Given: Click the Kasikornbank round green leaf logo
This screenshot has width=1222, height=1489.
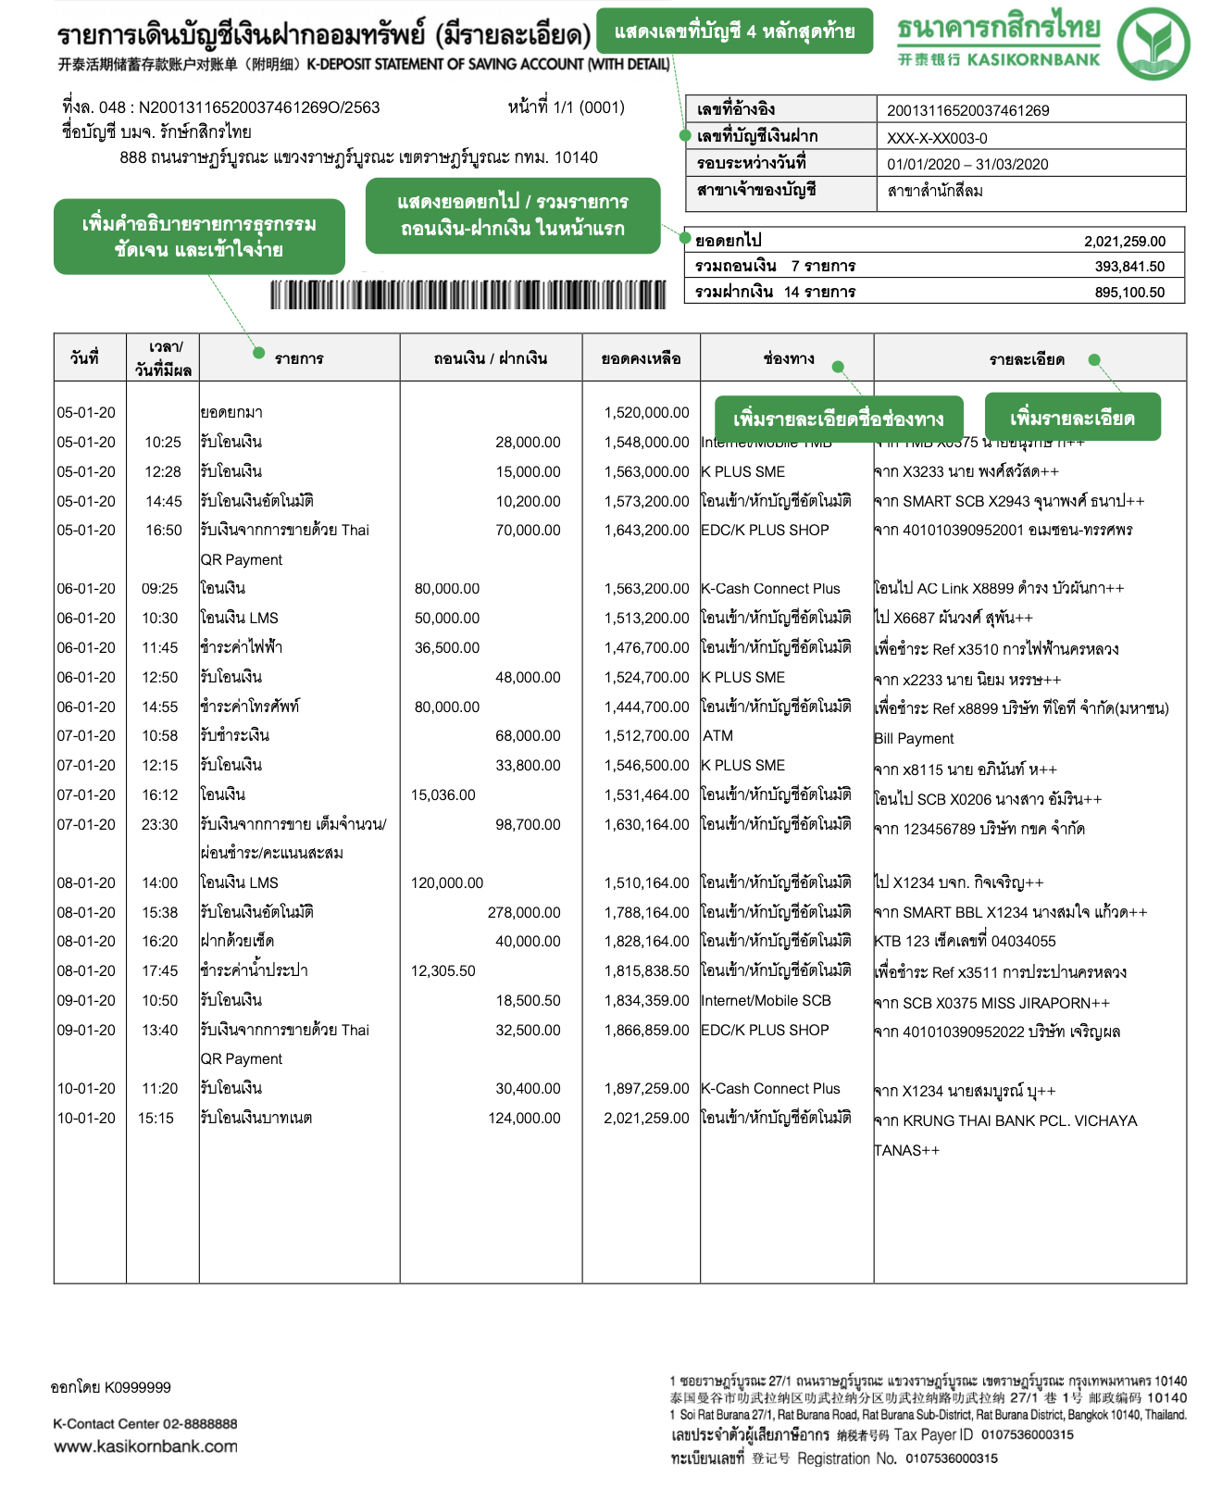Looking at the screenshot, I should [x=1153, y=43].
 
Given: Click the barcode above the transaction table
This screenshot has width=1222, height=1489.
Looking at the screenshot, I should [x=468, y=294].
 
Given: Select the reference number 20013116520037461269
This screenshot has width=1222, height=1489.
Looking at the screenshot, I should [x=967, y=110].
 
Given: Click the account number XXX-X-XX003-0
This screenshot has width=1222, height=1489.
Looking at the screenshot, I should [x=937, y=138].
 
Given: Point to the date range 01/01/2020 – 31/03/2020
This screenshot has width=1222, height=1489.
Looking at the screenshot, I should [x=967, y=164].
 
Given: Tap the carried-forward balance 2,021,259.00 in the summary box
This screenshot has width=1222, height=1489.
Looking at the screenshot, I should [x=1125, y=242].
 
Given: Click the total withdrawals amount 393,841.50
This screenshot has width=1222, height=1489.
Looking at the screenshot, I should [x=1129, y=267].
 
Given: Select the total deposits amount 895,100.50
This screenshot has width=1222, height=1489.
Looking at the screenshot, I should [x=1129, y=293].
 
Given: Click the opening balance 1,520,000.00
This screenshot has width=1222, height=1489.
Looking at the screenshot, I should [x=646, y=413].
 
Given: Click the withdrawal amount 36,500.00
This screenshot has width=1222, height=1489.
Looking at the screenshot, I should [x=447, y=648].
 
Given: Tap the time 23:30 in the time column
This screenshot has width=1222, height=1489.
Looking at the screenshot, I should [x=159, y=825].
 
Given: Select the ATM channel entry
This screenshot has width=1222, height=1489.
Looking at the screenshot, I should [x=717, y=736].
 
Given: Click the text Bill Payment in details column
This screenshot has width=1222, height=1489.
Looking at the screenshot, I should [x=914, y=739].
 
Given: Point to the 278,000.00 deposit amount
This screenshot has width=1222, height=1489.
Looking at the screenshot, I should [x=524, y=913].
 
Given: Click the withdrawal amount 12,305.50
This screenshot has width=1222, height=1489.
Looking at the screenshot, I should [x=443, y=971].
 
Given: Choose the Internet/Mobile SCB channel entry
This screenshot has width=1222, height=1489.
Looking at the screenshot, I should [x=766, y=1001].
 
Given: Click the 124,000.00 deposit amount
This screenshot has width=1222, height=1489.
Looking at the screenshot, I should [x=524, y=1119].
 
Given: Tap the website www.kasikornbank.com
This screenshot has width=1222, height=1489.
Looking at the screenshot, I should [x=145, y=1446].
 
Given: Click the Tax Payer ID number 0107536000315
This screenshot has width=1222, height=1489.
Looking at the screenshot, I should [x=1027, y=1435].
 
